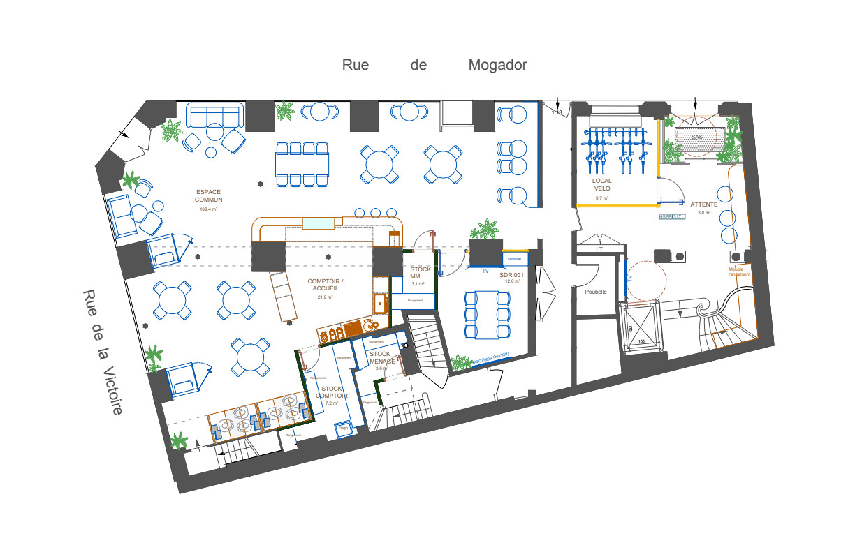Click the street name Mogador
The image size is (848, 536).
point(497,65)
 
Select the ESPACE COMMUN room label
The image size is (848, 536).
point(209,195)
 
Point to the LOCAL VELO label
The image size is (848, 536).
point(602,185)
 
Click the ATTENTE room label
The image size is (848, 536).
point(703,204)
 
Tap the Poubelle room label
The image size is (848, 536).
point(596,292)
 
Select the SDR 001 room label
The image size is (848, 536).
point(511,275)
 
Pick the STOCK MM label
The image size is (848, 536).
point(421,273)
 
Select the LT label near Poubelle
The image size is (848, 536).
point(599,249)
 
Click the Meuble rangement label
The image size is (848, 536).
point(739,271)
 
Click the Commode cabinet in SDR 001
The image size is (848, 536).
point(515,259)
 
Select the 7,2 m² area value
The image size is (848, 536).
point(331,403)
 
